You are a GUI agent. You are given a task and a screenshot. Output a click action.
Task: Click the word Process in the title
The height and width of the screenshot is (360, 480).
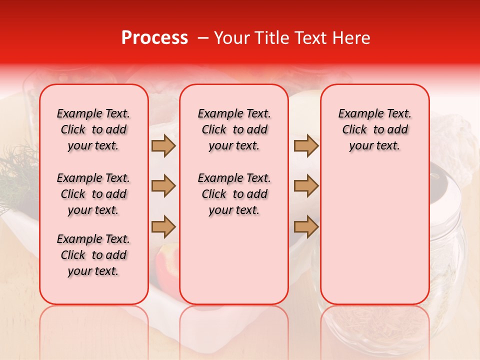tap(154, 38)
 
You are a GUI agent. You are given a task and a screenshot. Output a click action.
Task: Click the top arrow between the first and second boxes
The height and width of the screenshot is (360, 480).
tap(163, 146)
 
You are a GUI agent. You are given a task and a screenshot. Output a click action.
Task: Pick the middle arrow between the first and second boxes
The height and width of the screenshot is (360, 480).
tap(163, 186)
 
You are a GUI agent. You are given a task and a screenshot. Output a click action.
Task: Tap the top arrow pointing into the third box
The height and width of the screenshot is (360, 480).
tap(306, 146)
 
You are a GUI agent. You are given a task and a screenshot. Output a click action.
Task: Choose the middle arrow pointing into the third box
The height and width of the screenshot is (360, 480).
tap(306, 186)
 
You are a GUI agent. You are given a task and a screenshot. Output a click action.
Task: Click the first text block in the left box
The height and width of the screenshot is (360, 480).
tap(93, 129)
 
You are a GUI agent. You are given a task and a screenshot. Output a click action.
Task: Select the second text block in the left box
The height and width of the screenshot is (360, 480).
tap(93, 194)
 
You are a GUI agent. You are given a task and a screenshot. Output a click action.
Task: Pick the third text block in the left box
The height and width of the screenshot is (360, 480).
tap(93, 255)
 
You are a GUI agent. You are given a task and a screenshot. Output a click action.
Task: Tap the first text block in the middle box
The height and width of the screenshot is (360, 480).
tap(234, 129)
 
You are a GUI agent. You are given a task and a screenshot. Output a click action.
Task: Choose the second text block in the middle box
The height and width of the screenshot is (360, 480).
tap(234, 194)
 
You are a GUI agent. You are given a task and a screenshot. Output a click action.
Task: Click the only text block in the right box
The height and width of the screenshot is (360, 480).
tap(375, 129)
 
